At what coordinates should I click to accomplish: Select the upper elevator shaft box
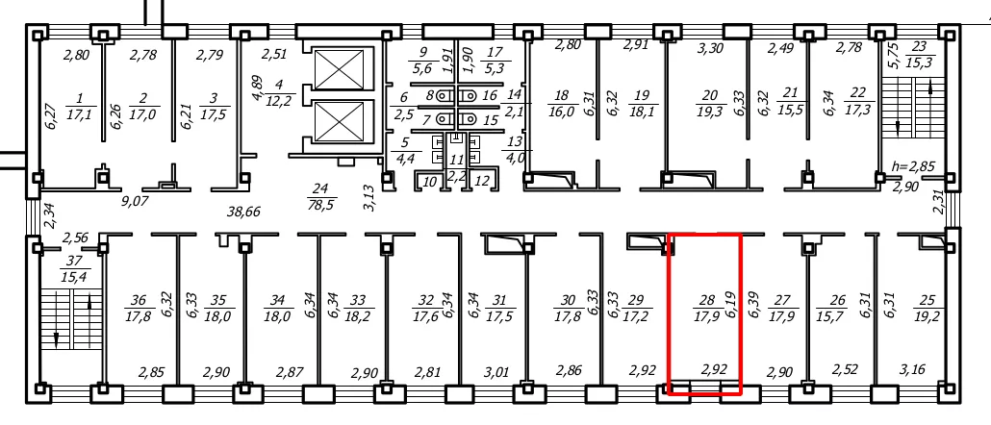coord(340,69)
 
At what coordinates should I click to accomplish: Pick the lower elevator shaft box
coord(340,120)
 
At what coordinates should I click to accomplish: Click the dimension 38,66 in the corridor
coord(244,212)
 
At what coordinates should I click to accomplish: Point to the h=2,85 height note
coord(912,167)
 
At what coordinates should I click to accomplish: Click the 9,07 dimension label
coord(136,202)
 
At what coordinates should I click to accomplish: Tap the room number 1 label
coord(80,99)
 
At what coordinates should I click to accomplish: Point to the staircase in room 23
coord(913,109)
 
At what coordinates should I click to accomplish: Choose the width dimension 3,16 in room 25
coord(911,369)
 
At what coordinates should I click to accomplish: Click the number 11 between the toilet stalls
coord(456,161)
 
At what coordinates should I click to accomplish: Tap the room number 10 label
coord(430,182)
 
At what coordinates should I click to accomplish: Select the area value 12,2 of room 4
coord(278,101)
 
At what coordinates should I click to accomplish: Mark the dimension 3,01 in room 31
coord(496,371)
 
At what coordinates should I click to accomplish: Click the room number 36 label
coord(139,301)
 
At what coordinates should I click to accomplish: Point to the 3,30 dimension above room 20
coord(710,46)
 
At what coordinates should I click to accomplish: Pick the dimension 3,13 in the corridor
coord(371,197)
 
